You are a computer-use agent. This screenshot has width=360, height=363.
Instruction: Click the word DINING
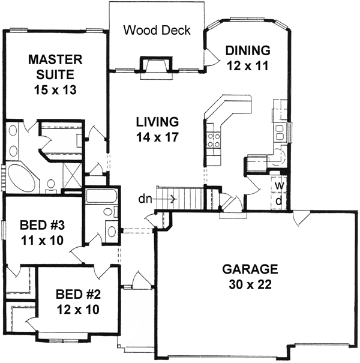pyautogui.click(x=247, y=50)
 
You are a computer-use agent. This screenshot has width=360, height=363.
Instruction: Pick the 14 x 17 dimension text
pyautogui.click(x=157, y=137)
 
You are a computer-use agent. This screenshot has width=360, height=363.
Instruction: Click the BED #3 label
pyautogui.click(x=41, y=226)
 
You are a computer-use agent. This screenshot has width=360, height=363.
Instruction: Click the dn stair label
pyautogui.click(x=145, y=198)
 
